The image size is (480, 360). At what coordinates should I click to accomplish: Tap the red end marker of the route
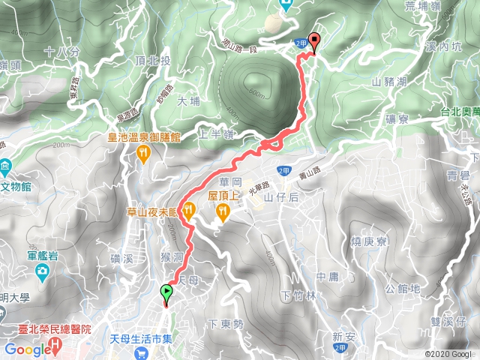coord(313,43)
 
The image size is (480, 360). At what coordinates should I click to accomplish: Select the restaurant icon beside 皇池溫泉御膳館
coord(143,153)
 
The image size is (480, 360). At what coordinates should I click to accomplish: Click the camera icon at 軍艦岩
coord(44,269)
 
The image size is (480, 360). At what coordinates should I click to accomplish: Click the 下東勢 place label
coord(225,325)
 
